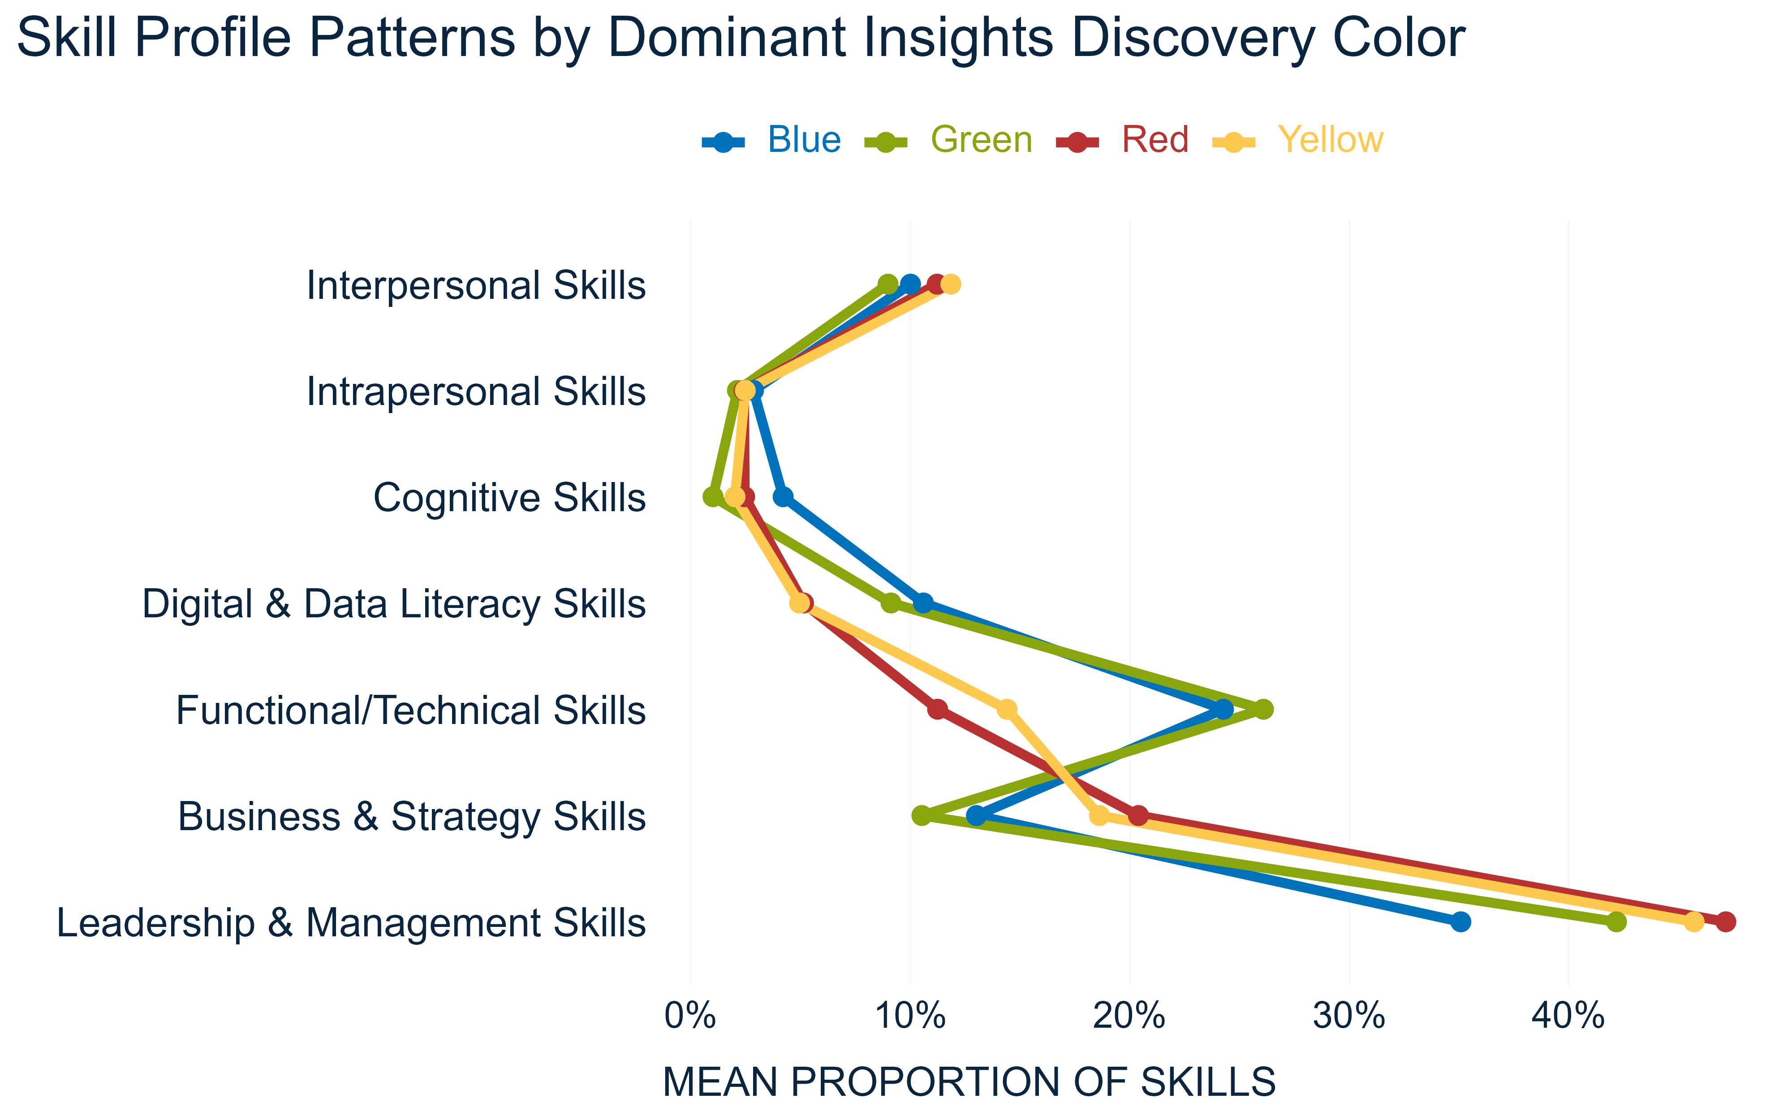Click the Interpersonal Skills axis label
(x=476, y=285)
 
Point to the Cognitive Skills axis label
(x=509, y=498)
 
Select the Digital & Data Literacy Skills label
(x=394, y=604)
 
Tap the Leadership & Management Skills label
(x=351, y=923)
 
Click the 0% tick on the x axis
(x=690, y=1017)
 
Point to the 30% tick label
(x=1348, y=1017)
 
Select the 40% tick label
(x=1568, y=1017)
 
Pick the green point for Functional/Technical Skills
(x=1264, y=710)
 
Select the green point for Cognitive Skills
(x=712, y=497)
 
